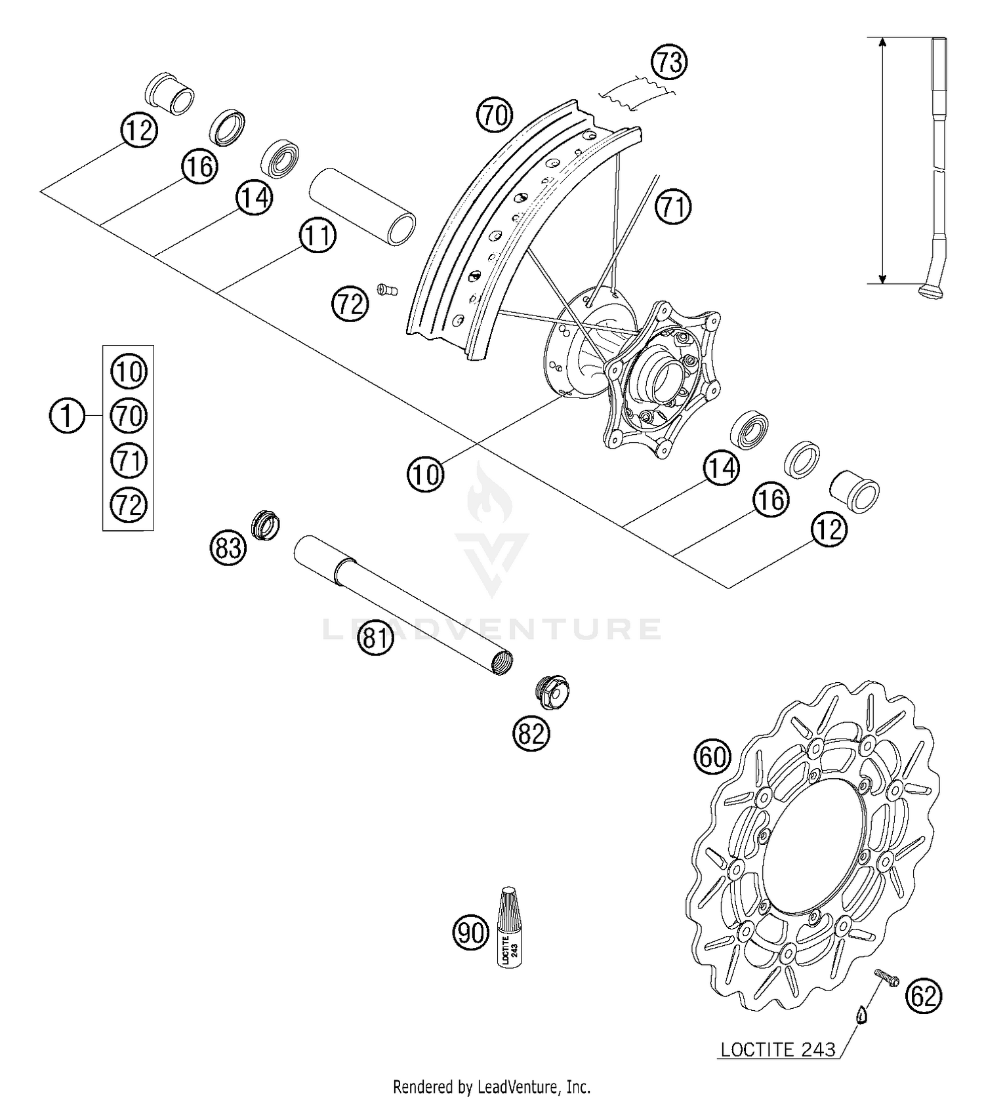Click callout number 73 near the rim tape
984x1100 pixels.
[669, 63]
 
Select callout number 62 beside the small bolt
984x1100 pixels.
[924, 996]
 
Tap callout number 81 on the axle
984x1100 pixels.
[376, 636]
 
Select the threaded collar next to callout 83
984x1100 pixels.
[266, 525]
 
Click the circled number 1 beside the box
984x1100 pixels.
[67, 416]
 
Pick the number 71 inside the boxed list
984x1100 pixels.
[129, 460]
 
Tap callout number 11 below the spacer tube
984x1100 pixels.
[318, 235]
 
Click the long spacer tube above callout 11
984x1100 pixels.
[362, 205]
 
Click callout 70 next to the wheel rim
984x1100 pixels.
[495, 115]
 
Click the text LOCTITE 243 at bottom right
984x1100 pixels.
[778, 1049]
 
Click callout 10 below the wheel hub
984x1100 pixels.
[425, 474]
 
